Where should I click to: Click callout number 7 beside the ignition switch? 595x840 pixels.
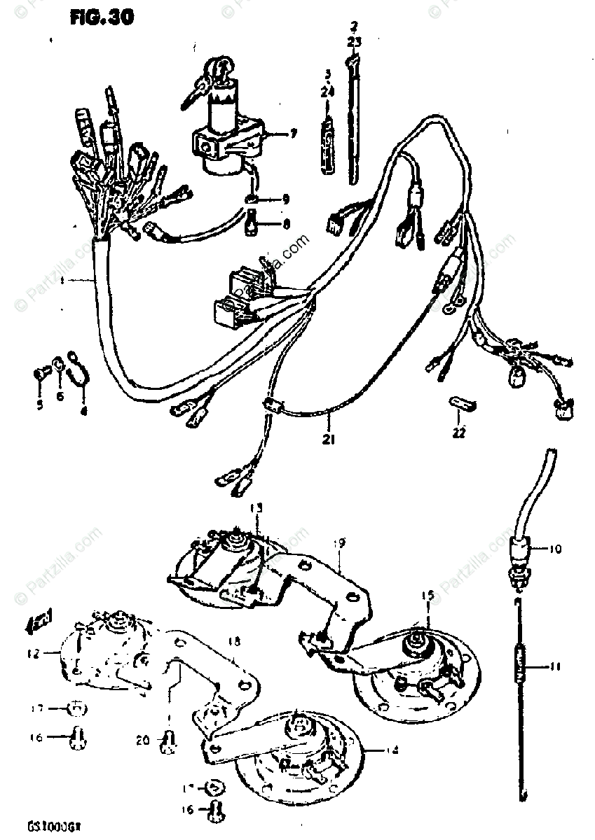[x=274, y=133]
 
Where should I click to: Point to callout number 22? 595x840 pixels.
[x=458, y=433]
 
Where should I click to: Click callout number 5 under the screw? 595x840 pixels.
[x=40, y=405]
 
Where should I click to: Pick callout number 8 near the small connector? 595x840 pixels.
[x=285, y=225]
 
